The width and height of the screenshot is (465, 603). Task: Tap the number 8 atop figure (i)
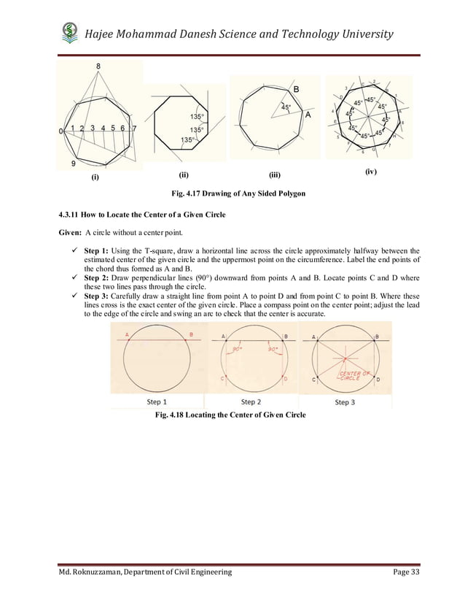pyautogui.click(x=99, y=67)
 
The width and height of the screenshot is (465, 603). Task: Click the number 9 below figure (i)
pyautogui.click(x=74, y=164)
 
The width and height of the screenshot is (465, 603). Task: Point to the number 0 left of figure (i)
pyautogui.click(x=60, y=131)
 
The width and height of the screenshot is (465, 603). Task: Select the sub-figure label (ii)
pyautogui.click(x=184, y=175)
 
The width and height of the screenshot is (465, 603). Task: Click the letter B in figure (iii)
pyautogui.click(x=296, y=89)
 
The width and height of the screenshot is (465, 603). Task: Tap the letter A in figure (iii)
pyautogui.click(x=308, y=115)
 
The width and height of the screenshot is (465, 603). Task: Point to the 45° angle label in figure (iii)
pyautogui.click(x=285, y=107)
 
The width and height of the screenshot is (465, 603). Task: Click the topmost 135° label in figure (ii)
pyautogui.click(x=197, y=117)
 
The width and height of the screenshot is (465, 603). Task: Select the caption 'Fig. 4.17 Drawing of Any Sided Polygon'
pyautogui.click(x=237, y=193)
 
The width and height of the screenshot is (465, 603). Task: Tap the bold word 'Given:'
pyautogui.click(x=70, y=233)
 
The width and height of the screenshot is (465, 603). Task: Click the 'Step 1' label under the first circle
pyautogui.click(x=157, y=402)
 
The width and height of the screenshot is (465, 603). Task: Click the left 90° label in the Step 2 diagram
pyautogui.click(x=237, y=350)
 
